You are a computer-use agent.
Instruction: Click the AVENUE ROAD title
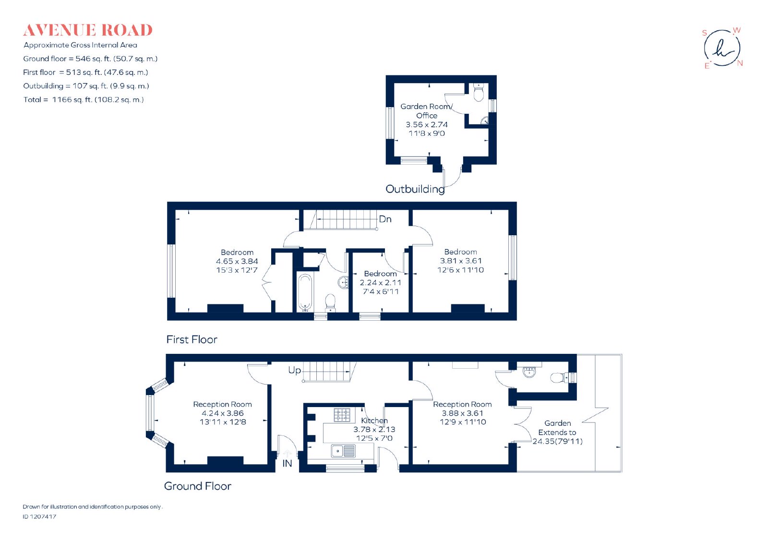[88, 30]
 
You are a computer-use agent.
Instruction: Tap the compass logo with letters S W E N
[722, 48]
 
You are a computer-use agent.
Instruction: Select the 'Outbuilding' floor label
[415, 189]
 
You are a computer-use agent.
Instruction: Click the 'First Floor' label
[192, 339]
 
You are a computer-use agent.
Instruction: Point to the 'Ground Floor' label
[197, 486]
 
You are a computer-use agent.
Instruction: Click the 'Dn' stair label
[385, 219]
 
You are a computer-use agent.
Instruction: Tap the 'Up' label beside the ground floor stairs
[295, 370]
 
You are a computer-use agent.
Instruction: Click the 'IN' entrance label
[287, 463]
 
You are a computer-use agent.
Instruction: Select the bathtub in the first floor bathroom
[305, 292]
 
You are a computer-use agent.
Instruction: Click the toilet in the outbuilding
[478, 92]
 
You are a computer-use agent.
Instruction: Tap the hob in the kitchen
[342, 415]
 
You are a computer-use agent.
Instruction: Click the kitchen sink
[343, 451]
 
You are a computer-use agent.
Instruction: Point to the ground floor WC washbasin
[529, 372]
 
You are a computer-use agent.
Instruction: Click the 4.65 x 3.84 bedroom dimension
[237, 261]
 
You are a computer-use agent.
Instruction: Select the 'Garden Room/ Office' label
[427, 111]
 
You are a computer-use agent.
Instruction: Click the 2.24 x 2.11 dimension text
[380, 283]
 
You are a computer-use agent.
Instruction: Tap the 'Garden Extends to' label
[557, 428]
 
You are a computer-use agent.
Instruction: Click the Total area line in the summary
[84, 100]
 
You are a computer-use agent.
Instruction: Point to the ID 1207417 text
[39, 517]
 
